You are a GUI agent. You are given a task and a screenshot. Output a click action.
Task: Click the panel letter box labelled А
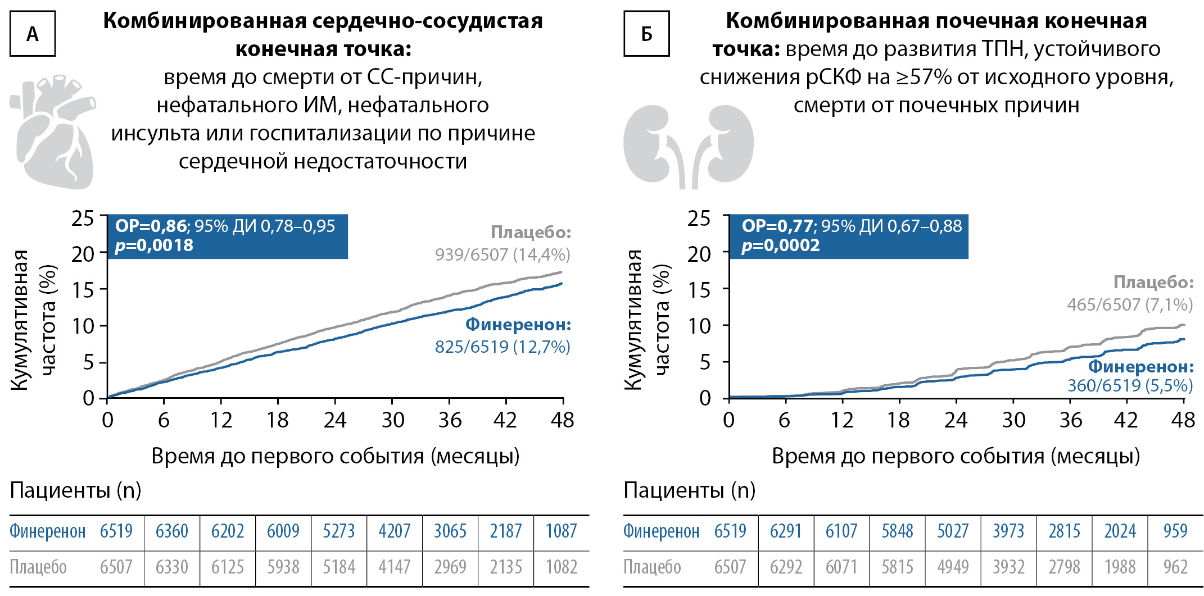click(x=33, y=34)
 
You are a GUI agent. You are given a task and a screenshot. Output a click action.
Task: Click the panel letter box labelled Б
click(x=646, y=34)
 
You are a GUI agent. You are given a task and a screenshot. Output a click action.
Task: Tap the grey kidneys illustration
click(x=688, y=146)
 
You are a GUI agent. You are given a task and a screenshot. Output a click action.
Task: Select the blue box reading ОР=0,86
click(x=227, y=236)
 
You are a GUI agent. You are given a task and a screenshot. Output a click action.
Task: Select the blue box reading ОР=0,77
click(x=848, y=236)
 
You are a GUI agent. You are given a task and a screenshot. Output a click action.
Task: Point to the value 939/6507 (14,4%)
click(x=503, y=255)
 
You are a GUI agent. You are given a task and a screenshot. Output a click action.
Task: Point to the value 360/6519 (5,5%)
click(x=1130, y=386)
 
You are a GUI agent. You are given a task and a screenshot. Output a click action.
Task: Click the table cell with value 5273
click(x=338, y=531)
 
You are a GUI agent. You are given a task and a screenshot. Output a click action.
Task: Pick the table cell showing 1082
click(x=562, y=567)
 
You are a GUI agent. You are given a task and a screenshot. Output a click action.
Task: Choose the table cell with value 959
click(x=1175, y=531)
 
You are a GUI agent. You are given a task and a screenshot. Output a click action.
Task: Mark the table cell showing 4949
click(x=953, y=567)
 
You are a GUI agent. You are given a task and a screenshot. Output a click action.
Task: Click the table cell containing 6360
click(x=171, y=531)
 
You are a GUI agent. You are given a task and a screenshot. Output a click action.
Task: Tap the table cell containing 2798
click(x=1065, y=567)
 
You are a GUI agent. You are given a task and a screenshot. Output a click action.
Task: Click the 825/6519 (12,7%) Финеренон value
click(x=503, y=347)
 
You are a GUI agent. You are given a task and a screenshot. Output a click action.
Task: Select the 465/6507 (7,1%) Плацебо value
click(x=1130, y=305)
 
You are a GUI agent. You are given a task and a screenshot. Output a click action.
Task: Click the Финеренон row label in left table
click(x=48, y=531)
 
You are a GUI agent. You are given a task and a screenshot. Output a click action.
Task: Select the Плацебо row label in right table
click(x=652, y=567)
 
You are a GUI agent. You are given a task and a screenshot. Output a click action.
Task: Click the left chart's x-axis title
click(x=336, y=456)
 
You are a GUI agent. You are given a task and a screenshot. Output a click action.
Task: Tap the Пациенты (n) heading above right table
click(x=689, y=490)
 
